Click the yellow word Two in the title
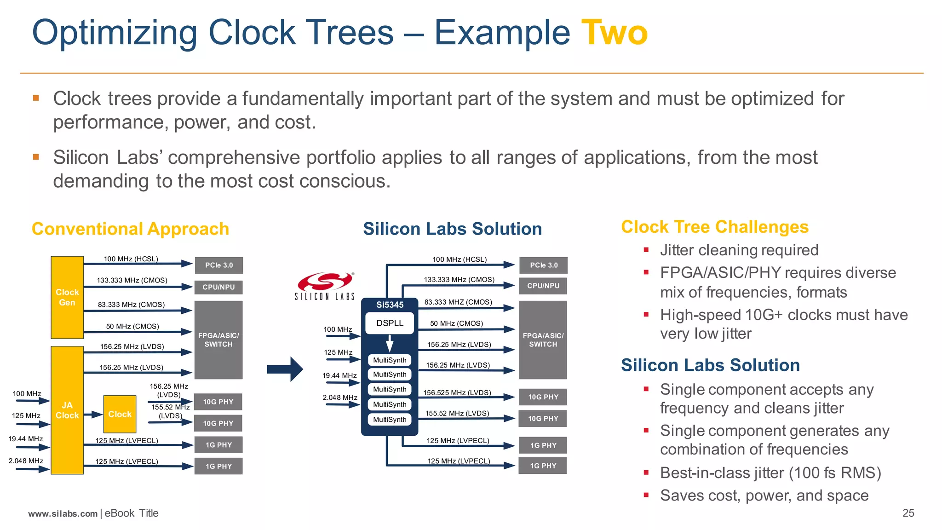tap(614, 33)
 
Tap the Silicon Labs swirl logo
tap(325, 281)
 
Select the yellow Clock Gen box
tap(67, 297)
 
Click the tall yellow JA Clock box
tap(67, 410)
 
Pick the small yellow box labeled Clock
tap(120, 414)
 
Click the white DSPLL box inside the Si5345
tap(390, 323)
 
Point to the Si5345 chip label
tap(390, 305)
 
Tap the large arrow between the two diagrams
tap(285, 369)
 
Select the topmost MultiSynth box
tap(390, 360)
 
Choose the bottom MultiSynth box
tap(390, 420)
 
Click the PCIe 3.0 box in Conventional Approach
tap(218, 265)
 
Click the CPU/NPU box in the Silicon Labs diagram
tap(543, 286)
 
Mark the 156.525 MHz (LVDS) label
tap(457, 392)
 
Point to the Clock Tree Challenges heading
tap(714, 227)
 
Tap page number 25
tap(908, 513)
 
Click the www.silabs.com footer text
tap(63, 513)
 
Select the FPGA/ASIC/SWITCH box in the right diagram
tap(543, 340)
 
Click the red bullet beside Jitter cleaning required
tap(646, 250)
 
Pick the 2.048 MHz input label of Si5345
tap(340, 397)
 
